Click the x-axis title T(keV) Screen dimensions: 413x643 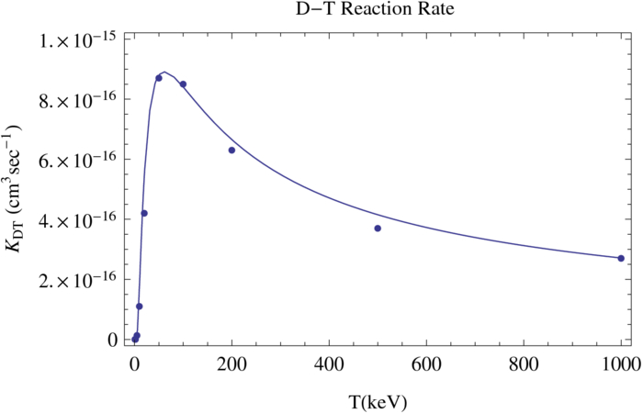(378, 401)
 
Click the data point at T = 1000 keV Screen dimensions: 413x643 (621, 258)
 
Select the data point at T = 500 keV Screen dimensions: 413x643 (378, 228)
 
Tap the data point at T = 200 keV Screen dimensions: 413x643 (231, 150)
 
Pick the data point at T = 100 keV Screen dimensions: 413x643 (183, 84)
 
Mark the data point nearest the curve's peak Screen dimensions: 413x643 (159, 78)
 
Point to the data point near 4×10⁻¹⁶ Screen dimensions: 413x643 (144, 213)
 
